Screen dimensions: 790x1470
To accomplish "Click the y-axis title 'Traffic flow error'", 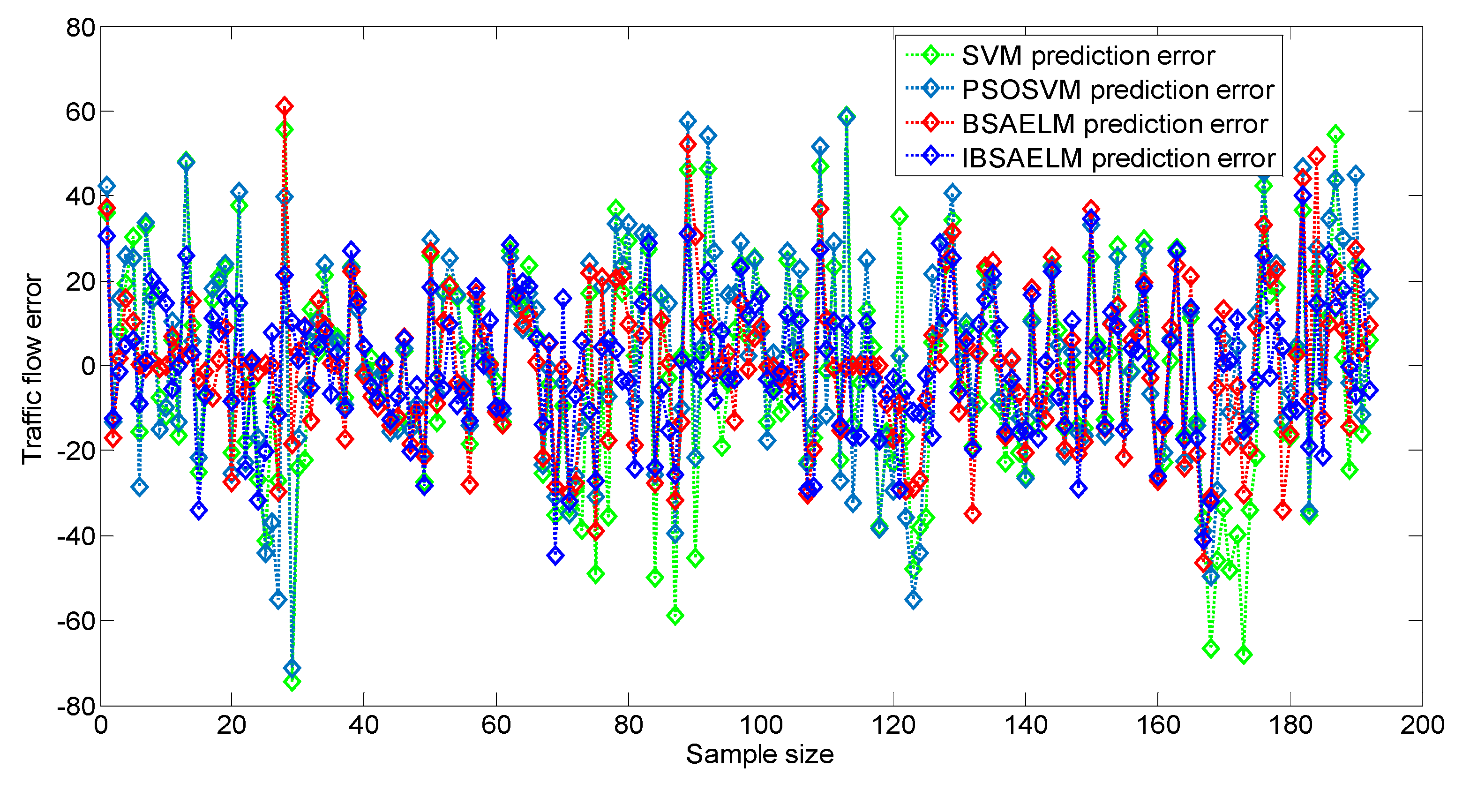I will tap(32, 369).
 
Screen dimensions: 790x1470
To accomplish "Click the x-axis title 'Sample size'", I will tap(759, 754).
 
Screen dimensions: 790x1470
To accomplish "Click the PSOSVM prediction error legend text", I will tap(1117, 90).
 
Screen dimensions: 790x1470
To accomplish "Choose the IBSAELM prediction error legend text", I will tap(1118, 158).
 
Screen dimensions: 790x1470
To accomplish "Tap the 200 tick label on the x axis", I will tap(1422, 725).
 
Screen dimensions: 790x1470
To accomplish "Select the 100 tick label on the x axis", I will tap(760, 725).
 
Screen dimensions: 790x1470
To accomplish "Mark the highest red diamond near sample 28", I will tap(284, 105).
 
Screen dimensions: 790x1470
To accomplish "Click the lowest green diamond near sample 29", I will tap(292, 682).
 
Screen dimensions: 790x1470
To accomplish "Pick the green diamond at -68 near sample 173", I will tap(1244, 655).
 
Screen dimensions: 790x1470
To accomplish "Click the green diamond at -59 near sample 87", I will tap(675, 615).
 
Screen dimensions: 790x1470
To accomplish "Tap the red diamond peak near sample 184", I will tap(1317, 155).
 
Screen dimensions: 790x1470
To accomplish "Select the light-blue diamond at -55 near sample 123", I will tap(913, 599).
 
